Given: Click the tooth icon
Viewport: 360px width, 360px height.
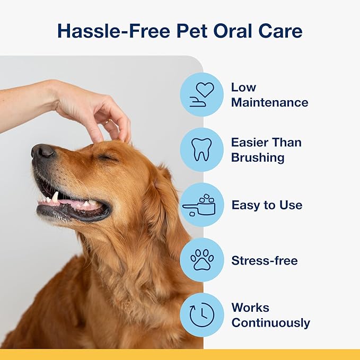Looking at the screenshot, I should tap(201, 150).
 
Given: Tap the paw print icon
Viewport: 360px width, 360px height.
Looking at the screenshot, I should tap(201, 260).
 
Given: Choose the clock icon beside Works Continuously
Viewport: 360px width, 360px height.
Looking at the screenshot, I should tap(201, 315).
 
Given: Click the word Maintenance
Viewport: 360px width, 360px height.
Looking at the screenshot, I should tap(269, 102).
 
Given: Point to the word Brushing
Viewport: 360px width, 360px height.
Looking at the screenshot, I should tap(258, 157).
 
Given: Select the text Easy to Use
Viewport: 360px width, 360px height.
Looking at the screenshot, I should tap(267, 205).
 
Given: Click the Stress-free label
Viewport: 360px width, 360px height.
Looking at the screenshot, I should tap(265, 260).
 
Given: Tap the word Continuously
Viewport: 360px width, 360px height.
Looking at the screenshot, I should tap(270, 322).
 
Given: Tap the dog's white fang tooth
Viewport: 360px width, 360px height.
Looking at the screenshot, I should tap(55, 197).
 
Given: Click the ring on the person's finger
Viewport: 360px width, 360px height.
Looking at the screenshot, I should tap(107, 122).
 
